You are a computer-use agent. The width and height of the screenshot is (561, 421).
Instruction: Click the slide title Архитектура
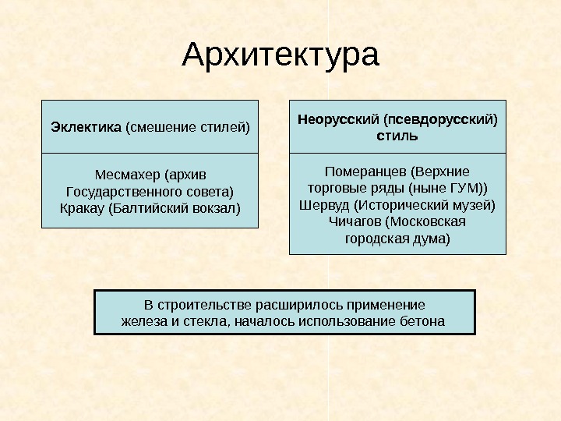[280, 55]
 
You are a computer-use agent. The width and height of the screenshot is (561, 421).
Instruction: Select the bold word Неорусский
[339, 119]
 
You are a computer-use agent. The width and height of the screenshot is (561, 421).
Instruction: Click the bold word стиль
[397, 136]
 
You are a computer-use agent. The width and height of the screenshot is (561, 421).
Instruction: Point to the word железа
[143, 320]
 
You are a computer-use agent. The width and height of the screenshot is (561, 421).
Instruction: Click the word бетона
[424, 320]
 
